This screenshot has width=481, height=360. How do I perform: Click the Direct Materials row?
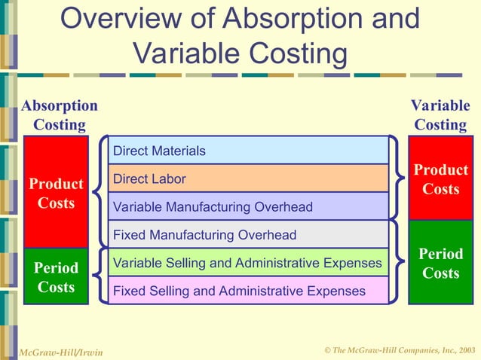(249, 151)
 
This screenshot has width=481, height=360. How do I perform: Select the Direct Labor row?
(249, 178)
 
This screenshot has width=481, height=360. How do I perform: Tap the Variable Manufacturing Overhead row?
(249, 206)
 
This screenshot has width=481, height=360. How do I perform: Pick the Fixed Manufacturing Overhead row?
(249, 235)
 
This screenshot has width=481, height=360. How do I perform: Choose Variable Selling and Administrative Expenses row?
(249, 263)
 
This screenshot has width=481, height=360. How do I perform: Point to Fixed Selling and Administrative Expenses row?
(249, 291)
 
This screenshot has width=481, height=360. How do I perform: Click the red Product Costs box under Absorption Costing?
(56, 193)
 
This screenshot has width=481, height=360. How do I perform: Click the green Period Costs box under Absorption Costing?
(56, 276)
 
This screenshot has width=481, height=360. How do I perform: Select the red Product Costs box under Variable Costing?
(441, 179)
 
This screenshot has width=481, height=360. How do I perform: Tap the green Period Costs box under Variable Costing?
(441, 264)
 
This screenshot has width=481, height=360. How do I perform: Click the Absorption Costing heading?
(59, 115)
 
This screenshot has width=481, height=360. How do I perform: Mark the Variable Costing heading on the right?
(440, 115)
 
